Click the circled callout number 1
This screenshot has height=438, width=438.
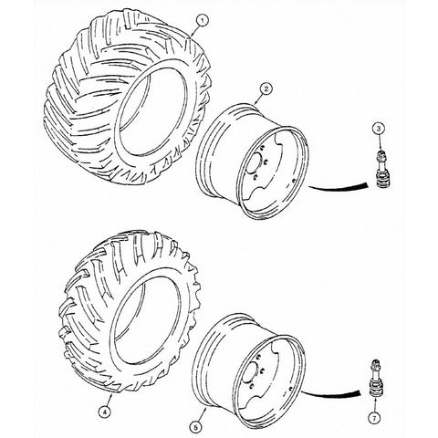click(203, 21)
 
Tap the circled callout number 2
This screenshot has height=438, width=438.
click(266, 89)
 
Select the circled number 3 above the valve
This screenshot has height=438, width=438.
click(379, 129)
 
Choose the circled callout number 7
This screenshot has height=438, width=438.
click(374, 418)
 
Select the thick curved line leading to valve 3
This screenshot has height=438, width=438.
click(338, 187)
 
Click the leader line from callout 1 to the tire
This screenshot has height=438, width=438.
click(194, 31)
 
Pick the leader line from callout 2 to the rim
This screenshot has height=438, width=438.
click(258, 99)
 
